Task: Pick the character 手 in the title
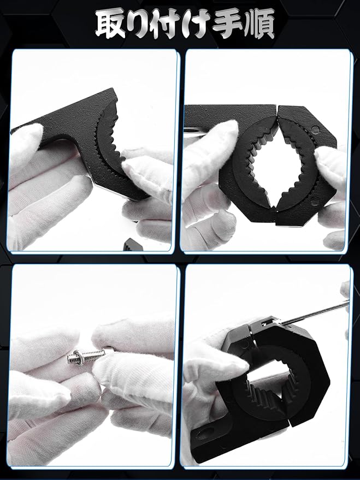(x=228, y=25)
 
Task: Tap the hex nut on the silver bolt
(x=75, y=358)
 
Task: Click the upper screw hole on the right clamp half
(x=315, y=130)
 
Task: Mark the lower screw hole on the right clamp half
(x=313, y=203)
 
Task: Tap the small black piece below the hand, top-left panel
(x=131, y=244)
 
